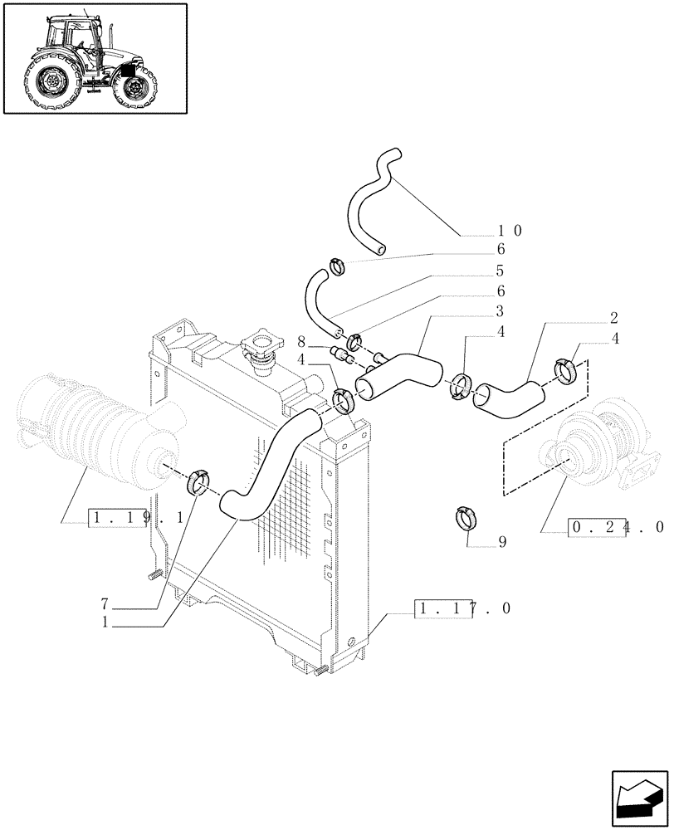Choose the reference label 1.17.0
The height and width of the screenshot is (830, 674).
click(462, 609)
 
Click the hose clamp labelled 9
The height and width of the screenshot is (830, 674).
click(466, 517)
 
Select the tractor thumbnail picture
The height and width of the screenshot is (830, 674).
click(95, 57)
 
